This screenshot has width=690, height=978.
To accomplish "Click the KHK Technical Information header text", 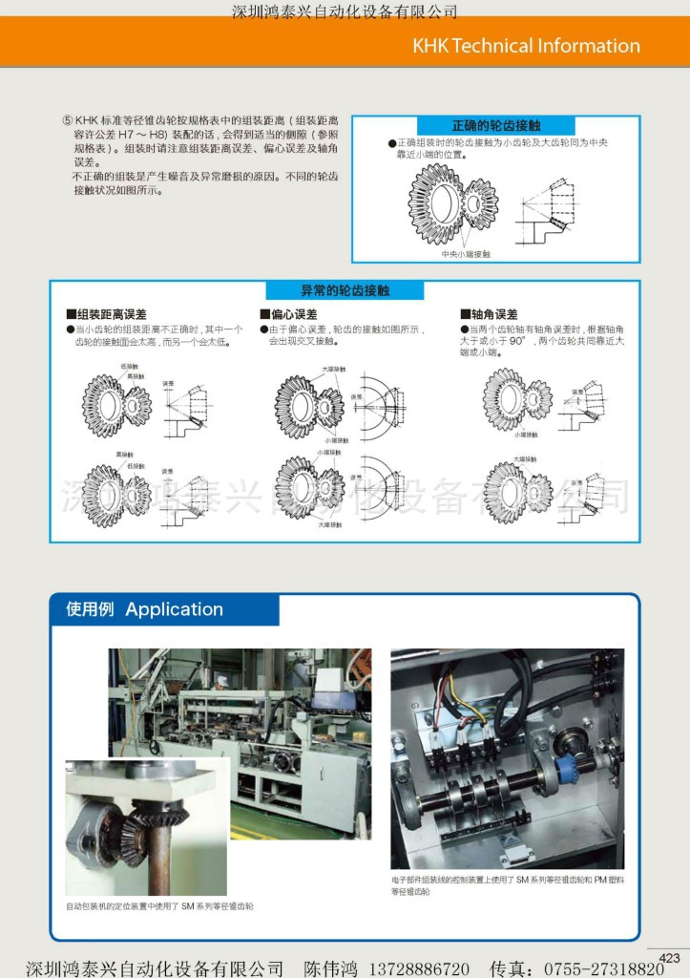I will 526,46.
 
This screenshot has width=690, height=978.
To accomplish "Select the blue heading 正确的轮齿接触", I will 495,126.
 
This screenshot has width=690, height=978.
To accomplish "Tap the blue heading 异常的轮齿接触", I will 345,290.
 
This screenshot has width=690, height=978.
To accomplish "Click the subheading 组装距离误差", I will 111,314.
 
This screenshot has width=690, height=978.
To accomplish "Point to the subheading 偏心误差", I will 294,314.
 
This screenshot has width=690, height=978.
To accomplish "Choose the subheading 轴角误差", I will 493,314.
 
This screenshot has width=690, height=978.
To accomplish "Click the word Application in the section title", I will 174,609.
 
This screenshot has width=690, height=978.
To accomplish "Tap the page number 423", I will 669,958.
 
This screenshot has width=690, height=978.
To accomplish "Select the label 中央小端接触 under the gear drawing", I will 466,254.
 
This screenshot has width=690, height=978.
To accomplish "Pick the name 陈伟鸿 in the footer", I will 331,968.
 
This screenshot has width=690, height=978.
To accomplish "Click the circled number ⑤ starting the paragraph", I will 67,121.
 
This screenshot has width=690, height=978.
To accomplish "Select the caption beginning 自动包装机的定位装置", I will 159,905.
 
